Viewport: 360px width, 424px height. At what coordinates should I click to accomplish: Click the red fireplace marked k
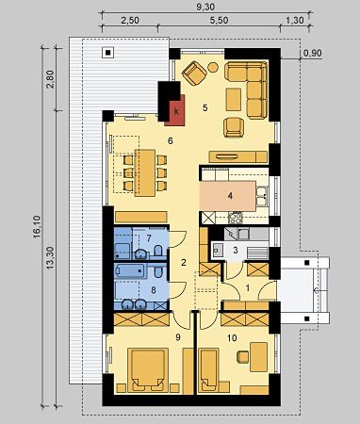pos(175,110)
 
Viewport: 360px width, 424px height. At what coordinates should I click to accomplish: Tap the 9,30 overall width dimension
pos(205,7)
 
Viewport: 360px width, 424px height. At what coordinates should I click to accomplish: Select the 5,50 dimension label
pos(219,21)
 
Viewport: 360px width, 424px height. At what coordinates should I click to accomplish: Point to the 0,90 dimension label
pos(313,53)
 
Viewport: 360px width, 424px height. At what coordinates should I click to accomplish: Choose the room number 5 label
pos(205,108)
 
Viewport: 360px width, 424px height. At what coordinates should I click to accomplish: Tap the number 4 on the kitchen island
pos(231,196)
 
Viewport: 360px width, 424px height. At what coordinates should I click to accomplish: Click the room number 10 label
pos(232,338)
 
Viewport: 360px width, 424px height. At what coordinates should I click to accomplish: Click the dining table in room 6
pos(145,172)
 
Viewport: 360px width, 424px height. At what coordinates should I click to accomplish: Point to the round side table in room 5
pos(213,67)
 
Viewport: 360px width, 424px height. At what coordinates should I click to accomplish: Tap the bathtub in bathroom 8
pos(131,271)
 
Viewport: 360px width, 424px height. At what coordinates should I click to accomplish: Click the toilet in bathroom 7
pos(158,253)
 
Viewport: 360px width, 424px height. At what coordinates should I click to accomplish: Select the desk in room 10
pos(259,356)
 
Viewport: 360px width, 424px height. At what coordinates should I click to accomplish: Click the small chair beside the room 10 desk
pos(243,357)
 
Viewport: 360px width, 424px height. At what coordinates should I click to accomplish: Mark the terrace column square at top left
pos(108,53)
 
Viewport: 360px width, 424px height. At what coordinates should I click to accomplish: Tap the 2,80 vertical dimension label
pos(51,79)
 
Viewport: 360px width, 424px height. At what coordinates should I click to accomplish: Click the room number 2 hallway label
pos(184,263)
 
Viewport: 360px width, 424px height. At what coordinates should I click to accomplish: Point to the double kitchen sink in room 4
pos(262,196)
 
